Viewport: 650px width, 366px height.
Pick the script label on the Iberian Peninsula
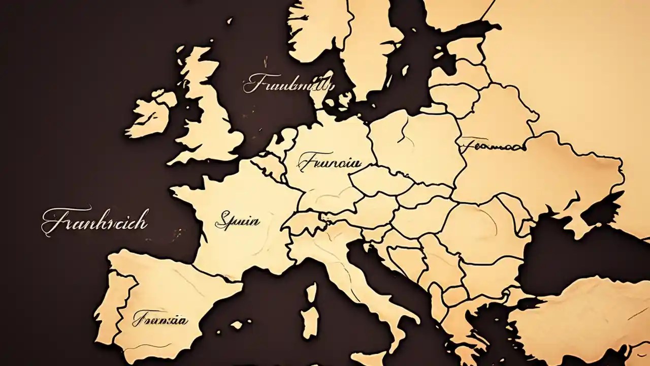(159, 320)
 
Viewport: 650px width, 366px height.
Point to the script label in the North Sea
(288, 84)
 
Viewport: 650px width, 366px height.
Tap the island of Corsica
(311, 293)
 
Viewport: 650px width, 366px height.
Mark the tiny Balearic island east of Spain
(237, 324)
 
